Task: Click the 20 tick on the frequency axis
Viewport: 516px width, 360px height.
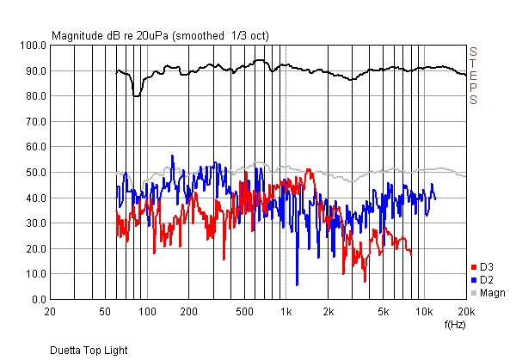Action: pos(52,310)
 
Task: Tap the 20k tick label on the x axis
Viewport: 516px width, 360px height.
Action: pos(466,310)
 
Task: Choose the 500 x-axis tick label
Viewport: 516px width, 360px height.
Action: pos(245,310)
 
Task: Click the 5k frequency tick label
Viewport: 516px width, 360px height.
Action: pos(383,310)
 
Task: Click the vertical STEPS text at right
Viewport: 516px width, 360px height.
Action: pos(473,76)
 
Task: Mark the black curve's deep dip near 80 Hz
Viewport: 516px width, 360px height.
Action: pos(137,95)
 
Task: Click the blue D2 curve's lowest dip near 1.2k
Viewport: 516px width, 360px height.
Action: pos(297,284)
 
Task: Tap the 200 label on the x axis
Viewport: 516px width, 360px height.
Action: pos(187,310)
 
